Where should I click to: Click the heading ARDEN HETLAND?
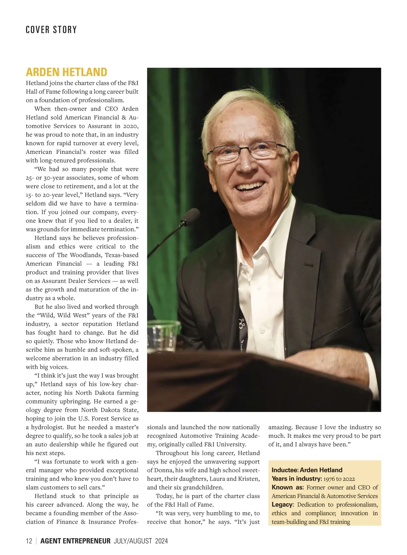[66, 72]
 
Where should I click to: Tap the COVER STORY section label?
[51, 30]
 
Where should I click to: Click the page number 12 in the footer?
[29, 541]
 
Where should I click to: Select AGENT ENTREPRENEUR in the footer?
[75, 541]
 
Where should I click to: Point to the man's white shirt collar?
[265, 244]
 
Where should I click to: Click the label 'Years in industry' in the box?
[296, 479]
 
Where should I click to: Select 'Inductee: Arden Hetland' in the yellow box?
[307, 470]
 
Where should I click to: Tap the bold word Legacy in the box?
[282, 505]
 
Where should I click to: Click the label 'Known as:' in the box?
[288, 487]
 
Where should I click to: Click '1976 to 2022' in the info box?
[339, 479]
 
